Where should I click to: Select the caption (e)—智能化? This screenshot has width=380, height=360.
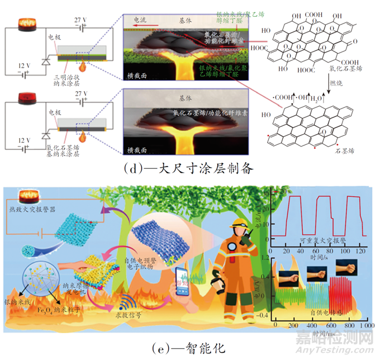click(188, 348)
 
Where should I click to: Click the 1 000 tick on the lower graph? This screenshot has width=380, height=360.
click(365, 325)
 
